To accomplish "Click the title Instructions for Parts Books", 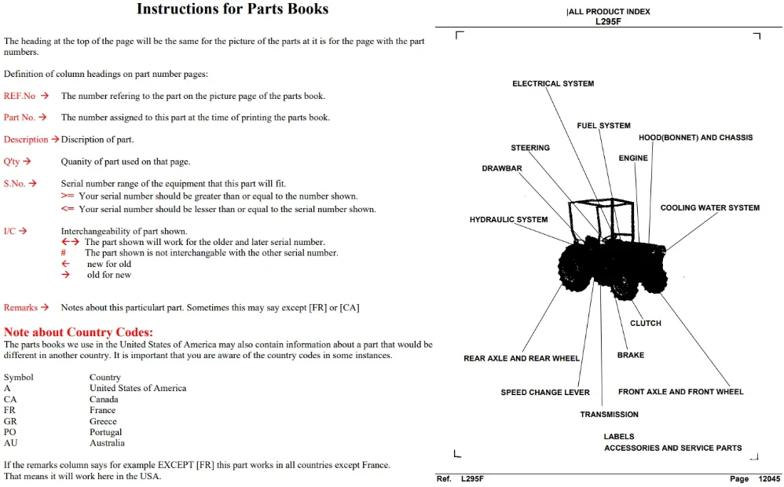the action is click(x=233, y=9).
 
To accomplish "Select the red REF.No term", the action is click(x=20, y=96).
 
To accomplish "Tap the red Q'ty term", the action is click(x=12, y=162).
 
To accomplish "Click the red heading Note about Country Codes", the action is click(x=79, y=332).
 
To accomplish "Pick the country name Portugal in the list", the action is click(x=105, y=432).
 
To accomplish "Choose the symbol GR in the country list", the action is click(x=10, y=421).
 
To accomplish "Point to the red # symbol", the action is click(x=64, y=252).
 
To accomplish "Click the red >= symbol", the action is click(x=68, y=196).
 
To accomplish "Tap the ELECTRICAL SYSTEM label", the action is click(x=553, y=83).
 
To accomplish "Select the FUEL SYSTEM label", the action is click(x=603, y=126).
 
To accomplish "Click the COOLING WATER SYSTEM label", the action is click(x=710, y=207).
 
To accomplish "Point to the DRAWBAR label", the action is click(x=502, y=169).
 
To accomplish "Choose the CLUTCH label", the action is click(x=646, y=324).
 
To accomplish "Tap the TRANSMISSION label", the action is click(x=609, y=415).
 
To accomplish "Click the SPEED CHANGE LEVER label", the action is click(x=545, y=393).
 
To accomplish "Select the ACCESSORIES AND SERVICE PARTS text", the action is click(x=673, y=448).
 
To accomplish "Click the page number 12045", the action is click(x=770, y=479).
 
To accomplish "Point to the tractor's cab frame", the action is click(x=601, y=202).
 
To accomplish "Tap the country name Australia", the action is click(x=107, y=443).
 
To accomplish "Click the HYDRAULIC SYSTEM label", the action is click(x=508, y=219).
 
